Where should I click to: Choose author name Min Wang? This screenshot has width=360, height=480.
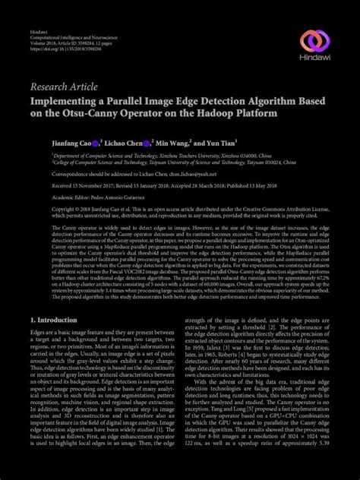[x=172, y=142]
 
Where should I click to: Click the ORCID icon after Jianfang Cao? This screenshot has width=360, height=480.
[x=95, y=142]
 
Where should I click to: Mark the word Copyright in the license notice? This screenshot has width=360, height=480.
[x=43, y=208]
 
